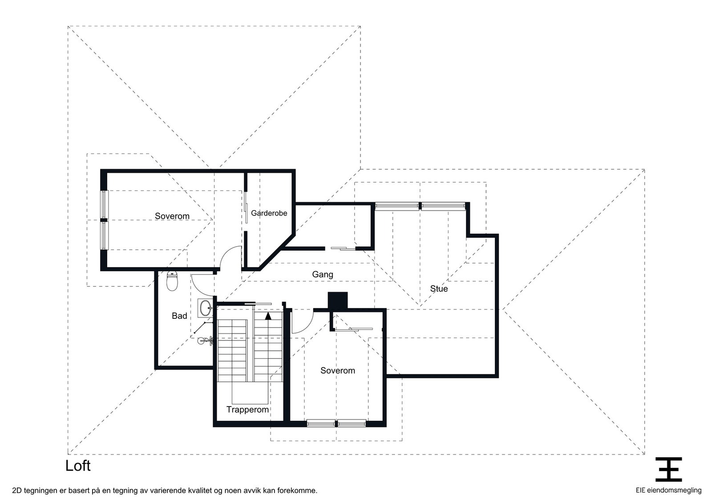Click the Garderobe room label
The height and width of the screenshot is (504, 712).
click(x=269, y=213)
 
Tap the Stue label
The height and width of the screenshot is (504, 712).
click(x=439, y=289)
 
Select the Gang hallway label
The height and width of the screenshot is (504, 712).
click(x=323, y=274)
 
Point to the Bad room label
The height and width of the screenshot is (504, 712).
click(x=179, y=316)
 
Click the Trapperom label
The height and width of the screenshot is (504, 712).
click(x=247, y=410)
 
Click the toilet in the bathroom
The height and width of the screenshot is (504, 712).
click(x=172, y=281)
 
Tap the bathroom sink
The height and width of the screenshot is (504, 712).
click(x=205, y=308)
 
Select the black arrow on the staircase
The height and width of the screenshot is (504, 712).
click(x=268, y=316)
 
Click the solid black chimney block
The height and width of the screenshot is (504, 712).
click(x=338, y=300)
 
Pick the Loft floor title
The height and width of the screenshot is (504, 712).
click(x=78, y=466)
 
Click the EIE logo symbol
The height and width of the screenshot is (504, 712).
click(x=668, y=469)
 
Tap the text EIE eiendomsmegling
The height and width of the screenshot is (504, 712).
click(x=668, y=490)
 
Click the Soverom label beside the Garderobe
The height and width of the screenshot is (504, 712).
click(x=172, y=216)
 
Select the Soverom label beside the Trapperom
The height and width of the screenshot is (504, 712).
click(x=338, y=370)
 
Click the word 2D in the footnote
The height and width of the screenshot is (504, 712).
click(x=16, y=491)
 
